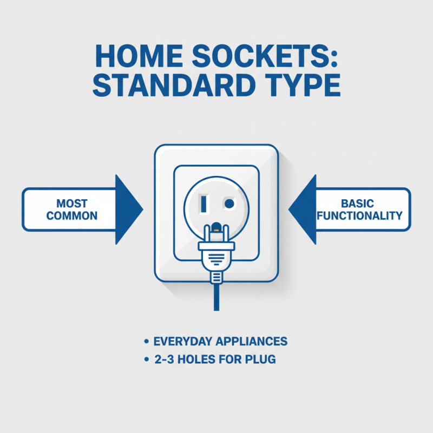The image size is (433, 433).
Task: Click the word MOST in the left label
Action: point(72,204)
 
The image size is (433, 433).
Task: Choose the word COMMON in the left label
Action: point(72,215)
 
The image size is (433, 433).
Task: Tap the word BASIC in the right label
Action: point(358,204)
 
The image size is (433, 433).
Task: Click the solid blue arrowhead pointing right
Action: point(129,209)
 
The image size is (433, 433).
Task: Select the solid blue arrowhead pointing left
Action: point(303,209)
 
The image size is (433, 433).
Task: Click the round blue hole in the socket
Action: point(229,204)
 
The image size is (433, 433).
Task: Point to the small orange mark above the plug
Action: point(216,227)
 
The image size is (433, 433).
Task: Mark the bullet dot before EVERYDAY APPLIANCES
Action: point(147,342)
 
